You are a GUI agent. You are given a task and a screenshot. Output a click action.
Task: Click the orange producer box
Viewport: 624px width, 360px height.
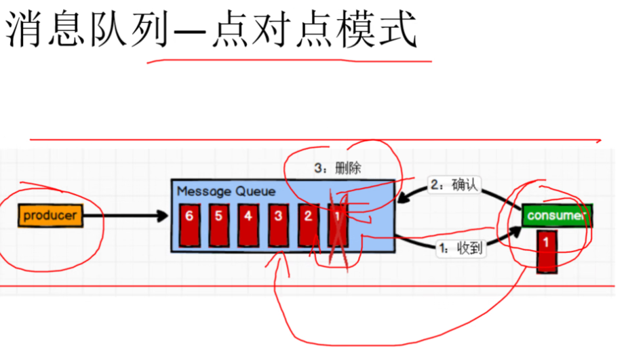click(x=51, y=216)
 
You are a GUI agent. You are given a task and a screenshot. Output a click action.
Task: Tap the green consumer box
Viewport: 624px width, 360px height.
click(x=557, y=216)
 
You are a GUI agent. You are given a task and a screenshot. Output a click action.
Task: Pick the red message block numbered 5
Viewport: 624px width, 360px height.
click(x=218, y=224)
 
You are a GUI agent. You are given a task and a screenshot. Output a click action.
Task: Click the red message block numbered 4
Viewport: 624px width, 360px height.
click(x=248, y=224)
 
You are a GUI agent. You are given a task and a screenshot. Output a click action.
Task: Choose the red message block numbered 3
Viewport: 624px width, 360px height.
click(x=278, y=224)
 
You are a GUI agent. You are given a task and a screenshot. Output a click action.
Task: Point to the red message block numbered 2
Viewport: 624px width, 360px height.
click(x=308, y=224)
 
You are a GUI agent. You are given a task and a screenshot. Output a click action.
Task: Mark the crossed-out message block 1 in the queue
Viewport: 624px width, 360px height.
click(x=338, y=224)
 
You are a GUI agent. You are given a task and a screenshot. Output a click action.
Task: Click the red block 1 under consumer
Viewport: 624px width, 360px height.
click(x=547, y=251)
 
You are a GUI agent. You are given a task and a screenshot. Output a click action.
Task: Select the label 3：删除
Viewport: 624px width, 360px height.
click(x=336, y=169)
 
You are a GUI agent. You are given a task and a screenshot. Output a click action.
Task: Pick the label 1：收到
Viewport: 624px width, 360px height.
click(x=461, y=249)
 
